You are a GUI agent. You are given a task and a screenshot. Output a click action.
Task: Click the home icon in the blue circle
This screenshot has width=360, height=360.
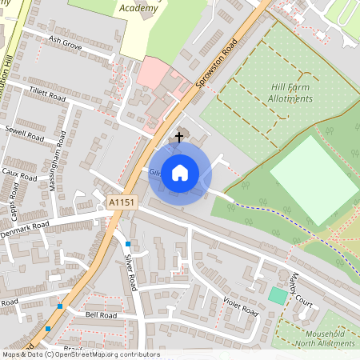[179, 172]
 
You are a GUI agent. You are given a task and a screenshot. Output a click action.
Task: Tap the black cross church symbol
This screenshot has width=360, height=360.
[178, 138]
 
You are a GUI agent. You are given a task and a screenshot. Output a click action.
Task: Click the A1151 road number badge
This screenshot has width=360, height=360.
[122, 206]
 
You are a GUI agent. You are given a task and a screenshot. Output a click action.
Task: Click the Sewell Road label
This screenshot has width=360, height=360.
[24, 132]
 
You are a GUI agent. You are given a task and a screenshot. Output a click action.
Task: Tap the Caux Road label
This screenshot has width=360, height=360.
[19, 174]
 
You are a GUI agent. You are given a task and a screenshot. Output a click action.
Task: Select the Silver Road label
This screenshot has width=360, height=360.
[130, 271]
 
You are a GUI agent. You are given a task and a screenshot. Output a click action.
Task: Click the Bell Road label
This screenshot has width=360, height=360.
[101, 316]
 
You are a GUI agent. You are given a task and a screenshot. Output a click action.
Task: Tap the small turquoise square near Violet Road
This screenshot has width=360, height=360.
[277, 295]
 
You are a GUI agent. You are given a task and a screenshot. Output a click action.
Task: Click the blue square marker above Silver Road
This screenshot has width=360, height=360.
[128, 242]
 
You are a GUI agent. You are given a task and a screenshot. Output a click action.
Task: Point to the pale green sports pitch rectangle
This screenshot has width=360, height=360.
[314, 180]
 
